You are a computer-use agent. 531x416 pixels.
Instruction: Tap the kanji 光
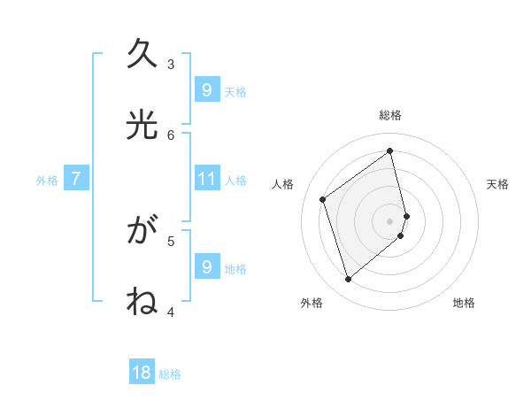click(142, 124)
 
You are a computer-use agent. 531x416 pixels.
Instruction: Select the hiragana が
click(142, 232)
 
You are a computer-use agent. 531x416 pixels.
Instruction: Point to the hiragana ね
click(142, 302)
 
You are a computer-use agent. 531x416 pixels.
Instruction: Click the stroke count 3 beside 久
click(171, 64)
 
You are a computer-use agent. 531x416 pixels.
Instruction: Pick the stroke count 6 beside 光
click(171, 135)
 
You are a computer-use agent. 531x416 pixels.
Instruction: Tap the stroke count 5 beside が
click(171, 240)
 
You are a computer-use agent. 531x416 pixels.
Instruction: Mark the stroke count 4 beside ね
click(171, 312)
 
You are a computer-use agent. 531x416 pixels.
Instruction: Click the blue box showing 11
click(206, 179)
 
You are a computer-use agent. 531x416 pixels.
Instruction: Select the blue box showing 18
click(142, 373)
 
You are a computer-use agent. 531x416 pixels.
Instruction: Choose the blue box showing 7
click(76, 179)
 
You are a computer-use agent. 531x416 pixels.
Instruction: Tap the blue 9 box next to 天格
click(206, 89)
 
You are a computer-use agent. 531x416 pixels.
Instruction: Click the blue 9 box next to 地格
click(206, 266)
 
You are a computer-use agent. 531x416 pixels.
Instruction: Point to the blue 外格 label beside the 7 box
click(47, 181)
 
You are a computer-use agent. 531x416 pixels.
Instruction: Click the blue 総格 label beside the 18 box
click(170, 374)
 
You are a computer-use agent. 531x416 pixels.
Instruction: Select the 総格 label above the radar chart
click(390, 115)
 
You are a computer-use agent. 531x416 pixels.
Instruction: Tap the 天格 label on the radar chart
click(497, 184)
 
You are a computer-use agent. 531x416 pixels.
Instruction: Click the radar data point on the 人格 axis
click(323, 199)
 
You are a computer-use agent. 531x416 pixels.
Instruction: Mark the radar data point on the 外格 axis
click(348, 280)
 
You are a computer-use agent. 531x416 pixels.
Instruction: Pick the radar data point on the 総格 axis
click(390, 151)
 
